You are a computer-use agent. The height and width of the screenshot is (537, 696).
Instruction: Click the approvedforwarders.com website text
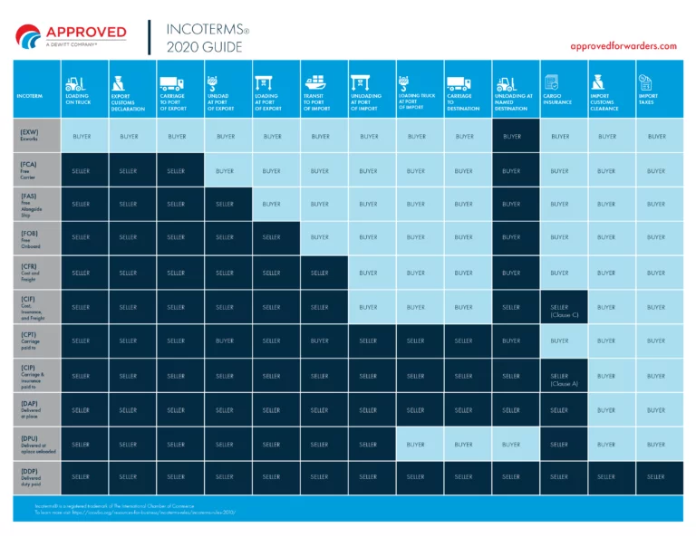[x=623, y=46]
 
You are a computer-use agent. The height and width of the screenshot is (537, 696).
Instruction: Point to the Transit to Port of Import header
[x=320, y=101]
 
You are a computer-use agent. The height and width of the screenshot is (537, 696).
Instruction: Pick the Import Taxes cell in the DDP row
[x=656, y=476]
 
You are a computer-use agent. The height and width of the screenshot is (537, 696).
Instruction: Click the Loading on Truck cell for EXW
[x=82, y=136]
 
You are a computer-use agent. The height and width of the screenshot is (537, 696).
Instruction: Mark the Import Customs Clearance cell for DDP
[x=606, y=476]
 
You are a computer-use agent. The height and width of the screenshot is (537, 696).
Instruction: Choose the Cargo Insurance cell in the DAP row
[x=559, y=410]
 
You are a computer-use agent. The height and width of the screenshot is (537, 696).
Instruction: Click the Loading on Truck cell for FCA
[x=82, y=170]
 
